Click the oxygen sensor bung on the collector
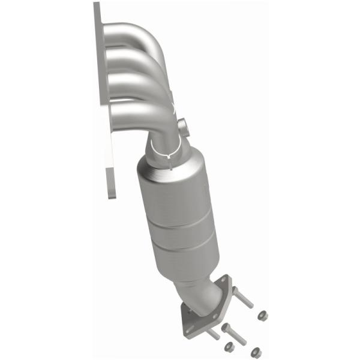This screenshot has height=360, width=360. (183, 127)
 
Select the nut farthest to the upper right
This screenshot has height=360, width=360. (262, 315)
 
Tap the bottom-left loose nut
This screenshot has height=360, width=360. (228, 346)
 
